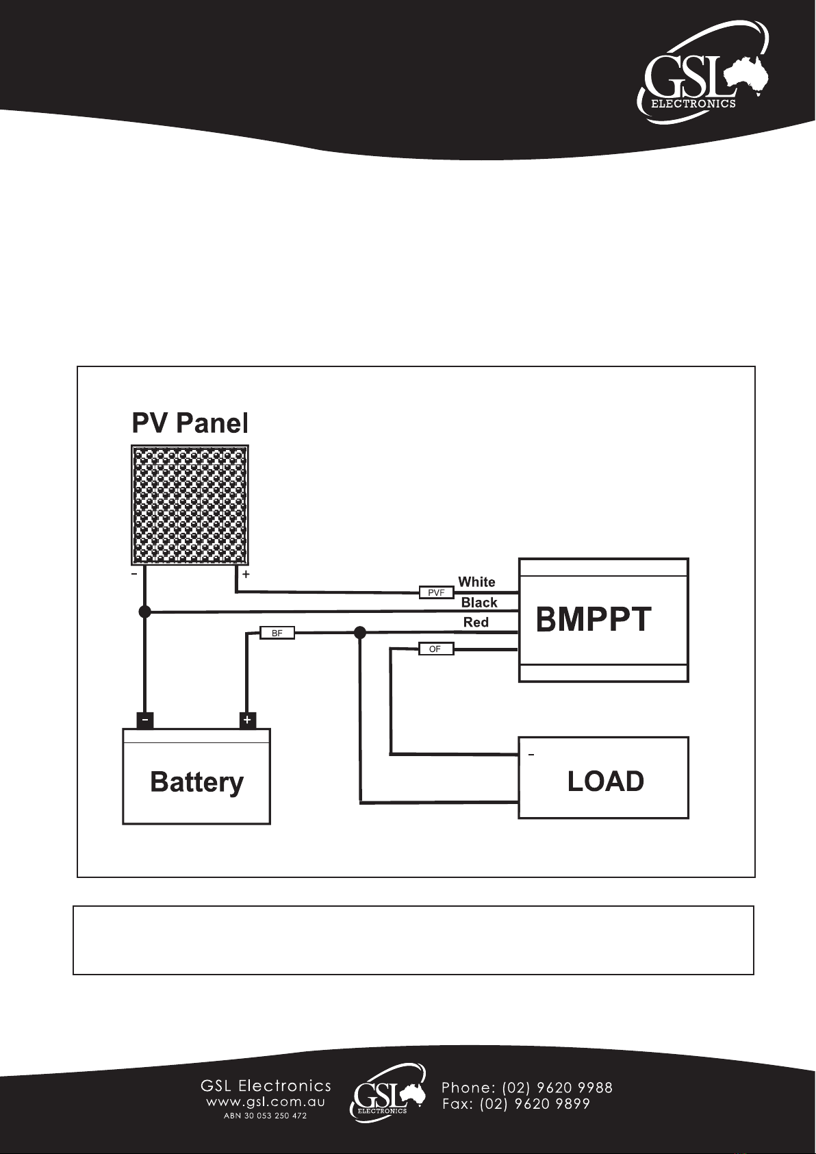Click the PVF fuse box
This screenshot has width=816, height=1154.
click(x=436, y=592)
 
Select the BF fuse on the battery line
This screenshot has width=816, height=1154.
click(x=277, y=633)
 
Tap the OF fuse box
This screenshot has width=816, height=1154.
click(x=436, y=649)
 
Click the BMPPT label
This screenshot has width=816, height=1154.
click(x=593, y=619)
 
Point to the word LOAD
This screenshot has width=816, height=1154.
click(x=605, y=781)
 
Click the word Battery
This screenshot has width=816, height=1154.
click(x=196, y=783)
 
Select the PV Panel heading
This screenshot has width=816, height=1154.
click(x=190, y=423)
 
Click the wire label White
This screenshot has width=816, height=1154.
click(x=476, y=581)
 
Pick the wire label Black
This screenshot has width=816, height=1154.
click(x=479, y=602)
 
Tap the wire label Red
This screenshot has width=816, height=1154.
click(x=476, y=623)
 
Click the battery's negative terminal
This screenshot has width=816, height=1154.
click(x=144, y=720)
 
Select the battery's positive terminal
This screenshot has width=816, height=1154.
click(x=247, y=720)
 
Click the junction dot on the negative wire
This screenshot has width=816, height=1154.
click(x=144, y=612)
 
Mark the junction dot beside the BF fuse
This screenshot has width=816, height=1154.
click(x=360, y=632)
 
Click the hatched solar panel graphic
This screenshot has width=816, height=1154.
click(x=190, y=505)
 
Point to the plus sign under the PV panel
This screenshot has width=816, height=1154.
click(x=246, y=574)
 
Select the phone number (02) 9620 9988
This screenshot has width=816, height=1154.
click(x=557, y=1088)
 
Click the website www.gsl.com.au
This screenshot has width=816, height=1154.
click(x=266, y=1103)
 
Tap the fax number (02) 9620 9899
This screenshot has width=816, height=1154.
click(x=535, y=1104)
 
